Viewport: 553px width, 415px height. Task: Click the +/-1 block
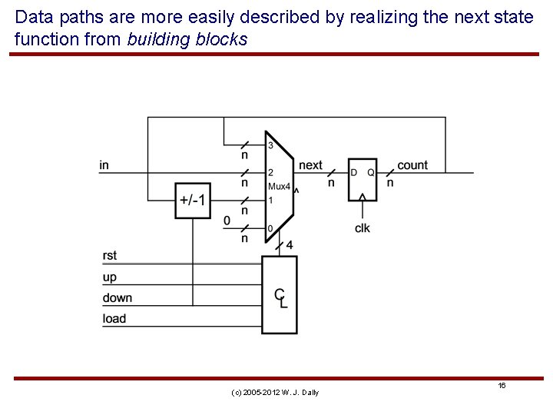pyautogui.click(x=191, y=200)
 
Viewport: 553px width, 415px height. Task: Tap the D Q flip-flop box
pyautogui.click(x=362, y=179)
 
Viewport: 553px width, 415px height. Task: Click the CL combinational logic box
pyautogui.click(x=280, y=295)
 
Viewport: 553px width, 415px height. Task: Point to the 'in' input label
pyautogui.click(x=104, y=165)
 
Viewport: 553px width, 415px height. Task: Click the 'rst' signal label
pyautogui.click(x=109, y=256)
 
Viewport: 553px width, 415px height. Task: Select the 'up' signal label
pyautogui.click(x=109, y=277)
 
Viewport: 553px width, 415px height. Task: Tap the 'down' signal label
pyautogui.click(x=117, y=297)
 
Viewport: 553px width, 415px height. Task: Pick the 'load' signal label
pyautogui.click(x=114, y=318)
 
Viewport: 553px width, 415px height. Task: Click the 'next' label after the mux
pyautogui.click(x=310, y=165)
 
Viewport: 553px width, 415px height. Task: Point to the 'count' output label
pyautogui.click(x=412, y=165)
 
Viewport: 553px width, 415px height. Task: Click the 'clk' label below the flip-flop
pyautogui.click(x=362, y=228)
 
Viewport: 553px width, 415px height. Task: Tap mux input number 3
pyautogui.click(x=270, y=146)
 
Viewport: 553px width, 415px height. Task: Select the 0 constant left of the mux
pyautogui.click(x=227, y=221)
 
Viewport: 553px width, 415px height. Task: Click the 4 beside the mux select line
pyautogui.click(x=289, y=245)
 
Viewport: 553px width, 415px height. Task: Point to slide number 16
pyautogui.click(x=501, y=385)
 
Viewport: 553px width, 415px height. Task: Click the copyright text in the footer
pyautogui.click(x=274, y=393)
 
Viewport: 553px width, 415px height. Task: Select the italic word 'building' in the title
pyautogui.click(x=156, y=39)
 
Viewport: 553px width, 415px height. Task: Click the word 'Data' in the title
pyautogui.click(x=33, y=17)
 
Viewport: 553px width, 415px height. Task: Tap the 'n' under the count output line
pyautogui.click(x=390, y=183)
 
